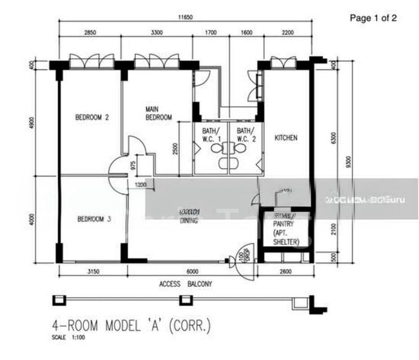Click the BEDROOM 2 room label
tap(92, 118)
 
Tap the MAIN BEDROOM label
tap(159, 113)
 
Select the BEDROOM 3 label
tap(94, 219)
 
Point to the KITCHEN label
tap(285, 138)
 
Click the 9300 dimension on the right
tap(348, 163)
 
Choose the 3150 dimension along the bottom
tap(92, 272)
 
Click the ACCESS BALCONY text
tap(185, 284)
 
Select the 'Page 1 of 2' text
tap(373, 18)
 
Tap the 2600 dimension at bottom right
tap(285, 272)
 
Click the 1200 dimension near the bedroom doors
tap(140, 184)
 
